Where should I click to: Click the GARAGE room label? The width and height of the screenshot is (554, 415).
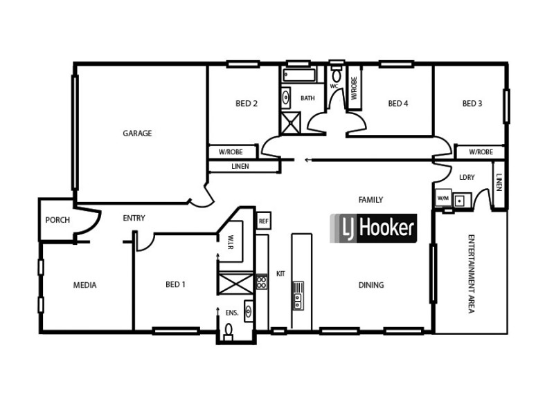(137, 133)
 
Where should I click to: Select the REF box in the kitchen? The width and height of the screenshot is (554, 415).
(263, 221)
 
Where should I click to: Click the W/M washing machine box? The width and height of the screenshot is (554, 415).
(443, 199)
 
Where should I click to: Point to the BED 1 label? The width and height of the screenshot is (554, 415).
(176, 284)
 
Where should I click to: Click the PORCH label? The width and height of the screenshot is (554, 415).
(57, 220)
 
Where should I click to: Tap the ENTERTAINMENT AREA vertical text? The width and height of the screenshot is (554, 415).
(471, 275)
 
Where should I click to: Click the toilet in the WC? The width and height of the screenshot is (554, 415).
(337, 75)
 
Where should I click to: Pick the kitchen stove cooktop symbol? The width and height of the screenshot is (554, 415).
(262, 282)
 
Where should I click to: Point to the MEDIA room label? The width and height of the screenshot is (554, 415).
(85, 285)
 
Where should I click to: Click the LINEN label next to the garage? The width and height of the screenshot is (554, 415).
(240, 167)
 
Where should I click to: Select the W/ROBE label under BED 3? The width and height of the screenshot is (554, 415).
(481, 152)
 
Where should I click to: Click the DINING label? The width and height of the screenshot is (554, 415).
(371, 285)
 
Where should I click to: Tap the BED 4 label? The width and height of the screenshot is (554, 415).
(398, 104)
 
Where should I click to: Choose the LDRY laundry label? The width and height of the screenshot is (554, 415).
(467, 178)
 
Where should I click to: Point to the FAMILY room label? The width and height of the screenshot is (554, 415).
(370, 200)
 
